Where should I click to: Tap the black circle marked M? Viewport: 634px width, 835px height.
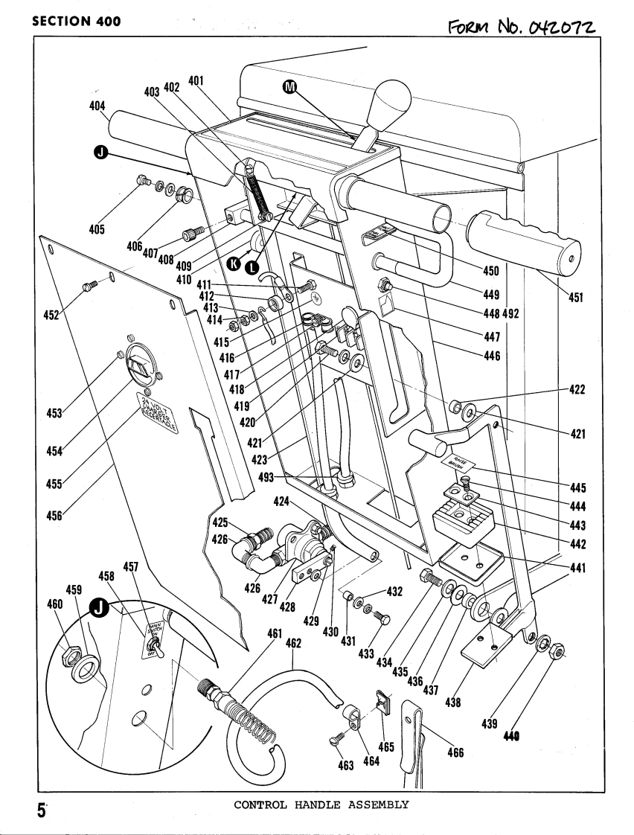tap(291, 87)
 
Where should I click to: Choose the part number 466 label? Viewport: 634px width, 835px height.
tap(455, 752)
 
